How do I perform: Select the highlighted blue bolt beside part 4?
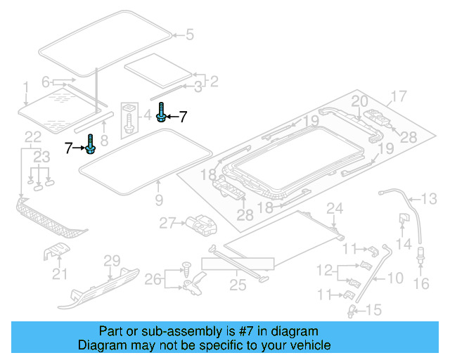click(x=162, y=113)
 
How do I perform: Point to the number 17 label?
click(x=399, y=96)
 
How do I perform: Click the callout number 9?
click(x=159, y=200)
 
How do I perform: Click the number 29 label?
click(x=112, y=262)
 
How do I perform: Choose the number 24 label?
click(x=335, y=207)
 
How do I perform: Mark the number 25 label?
click(x=237, y=285)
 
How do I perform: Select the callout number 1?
click(x=25, y=86)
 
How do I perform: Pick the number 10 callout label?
click(x=395, y=277)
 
